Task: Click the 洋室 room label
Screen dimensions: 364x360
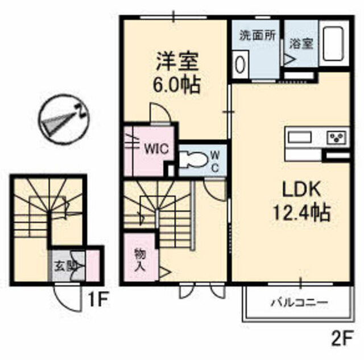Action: [x=177, y=62]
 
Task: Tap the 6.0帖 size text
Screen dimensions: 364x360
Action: [x=176, y=85]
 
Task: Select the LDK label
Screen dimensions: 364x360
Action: [x=301, y=189]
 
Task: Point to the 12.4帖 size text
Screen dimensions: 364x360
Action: [x=301, y=212]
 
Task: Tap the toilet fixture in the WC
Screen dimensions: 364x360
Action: [x=193, y=159]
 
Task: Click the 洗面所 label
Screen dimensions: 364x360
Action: [x=258, y=36]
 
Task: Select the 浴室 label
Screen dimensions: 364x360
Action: [x=301, y=43]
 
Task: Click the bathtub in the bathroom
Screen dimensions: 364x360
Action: [x=334, y=44]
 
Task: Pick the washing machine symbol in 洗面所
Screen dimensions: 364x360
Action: [x=240, y=65]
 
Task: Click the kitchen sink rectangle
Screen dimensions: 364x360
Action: [x=300, y=137]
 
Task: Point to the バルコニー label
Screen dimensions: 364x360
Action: [x=300, y=303]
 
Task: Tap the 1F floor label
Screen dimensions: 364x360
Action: [x=97, y=299]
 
